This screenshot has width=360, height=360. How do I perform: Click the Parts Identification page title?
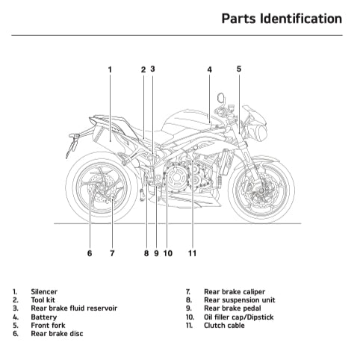pyautogui.click(x=282, y=18)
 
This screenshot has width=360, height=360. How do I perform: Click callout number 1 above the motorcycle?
pyautogui.click(x=110, y=69)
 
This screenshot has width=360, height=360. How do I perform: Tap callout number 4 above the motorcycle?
pyautogui.click(x=209, y=69)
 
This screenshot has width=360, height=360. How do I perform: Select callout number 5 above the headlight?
pyautogui.click(x=239, y=69)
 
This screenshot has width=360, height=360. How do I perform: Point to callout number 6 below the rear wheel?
pyautogui.click(x=89, y=253)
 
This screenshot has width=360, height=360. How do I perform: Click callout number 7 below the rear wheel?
pyautogui.click(x=112, y=253)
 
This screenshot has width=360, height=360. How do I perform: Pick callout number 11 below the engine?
pyautogui.click(x=192, y=253)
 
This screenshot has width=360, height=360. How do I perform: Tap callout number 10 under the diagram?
pyautogui.click(x=168, y=253)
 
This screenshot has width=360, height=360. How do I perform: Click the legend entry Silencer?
pyautogui.click(x=44, y=292)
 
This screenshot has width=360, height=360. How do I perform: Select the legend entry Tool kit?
pyautogui.click(x=43, y=300)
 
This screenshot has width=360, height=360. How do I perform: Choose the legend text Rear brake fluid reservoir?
pyautogui.click(x=73, y=308)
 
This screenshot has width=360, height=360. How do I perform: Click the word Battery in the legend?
pyautogui.click(x=43, y=317)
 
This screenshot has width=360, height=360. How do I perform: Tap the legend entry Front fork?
pyautogui.click(x=49, y=325)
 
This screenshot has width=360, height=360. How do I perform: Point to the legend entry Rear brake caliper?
pyautogui.click(x=234, y=292)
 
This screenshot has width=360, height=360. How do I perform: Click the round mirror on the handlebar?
pyautogui.click(x=222, y=97)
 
